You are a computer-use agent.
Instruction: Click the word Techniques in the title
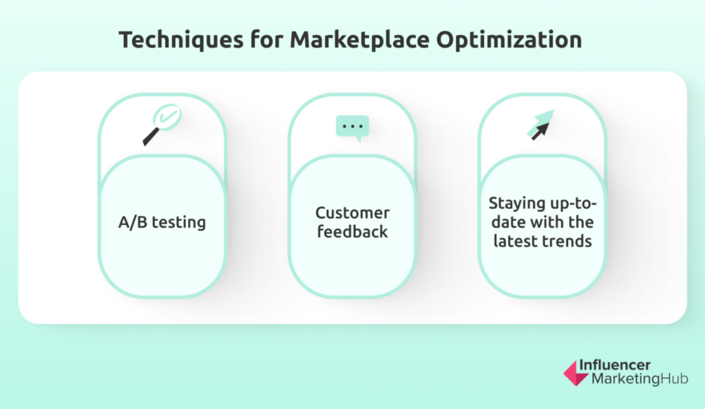coord(181,40)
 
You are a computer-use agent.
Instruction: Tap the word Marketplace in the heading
coord(359,39)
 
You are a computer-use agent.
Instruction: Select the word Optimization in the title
coord(509,40)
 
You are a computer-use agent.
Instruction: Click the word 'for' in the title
coord(266,39)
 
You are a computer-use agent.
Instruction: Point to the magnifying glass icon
coord(162,125)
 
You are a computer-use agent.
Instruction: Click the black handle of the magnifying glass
coord(151,136)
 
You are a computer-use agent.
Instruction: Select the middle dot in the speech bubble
coord(352,126)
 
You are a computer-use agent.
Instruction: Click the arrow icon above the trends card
coord(541,125)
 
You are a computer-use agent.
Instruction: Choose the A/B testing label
coord(162,222)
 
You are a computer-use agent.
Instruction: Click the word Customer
coord(352,213)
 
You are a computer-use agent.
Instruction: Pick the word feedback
coord(352,231)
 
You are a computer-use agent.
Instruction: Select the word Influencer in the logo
coord(615,364)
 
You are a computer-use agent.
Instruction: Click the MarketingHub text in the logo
coord(640,379)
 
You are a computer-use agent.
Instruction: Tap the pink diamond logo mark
coord(575,373)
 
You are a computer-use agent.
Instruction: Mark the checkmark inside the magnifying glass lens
coord(167,115)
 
